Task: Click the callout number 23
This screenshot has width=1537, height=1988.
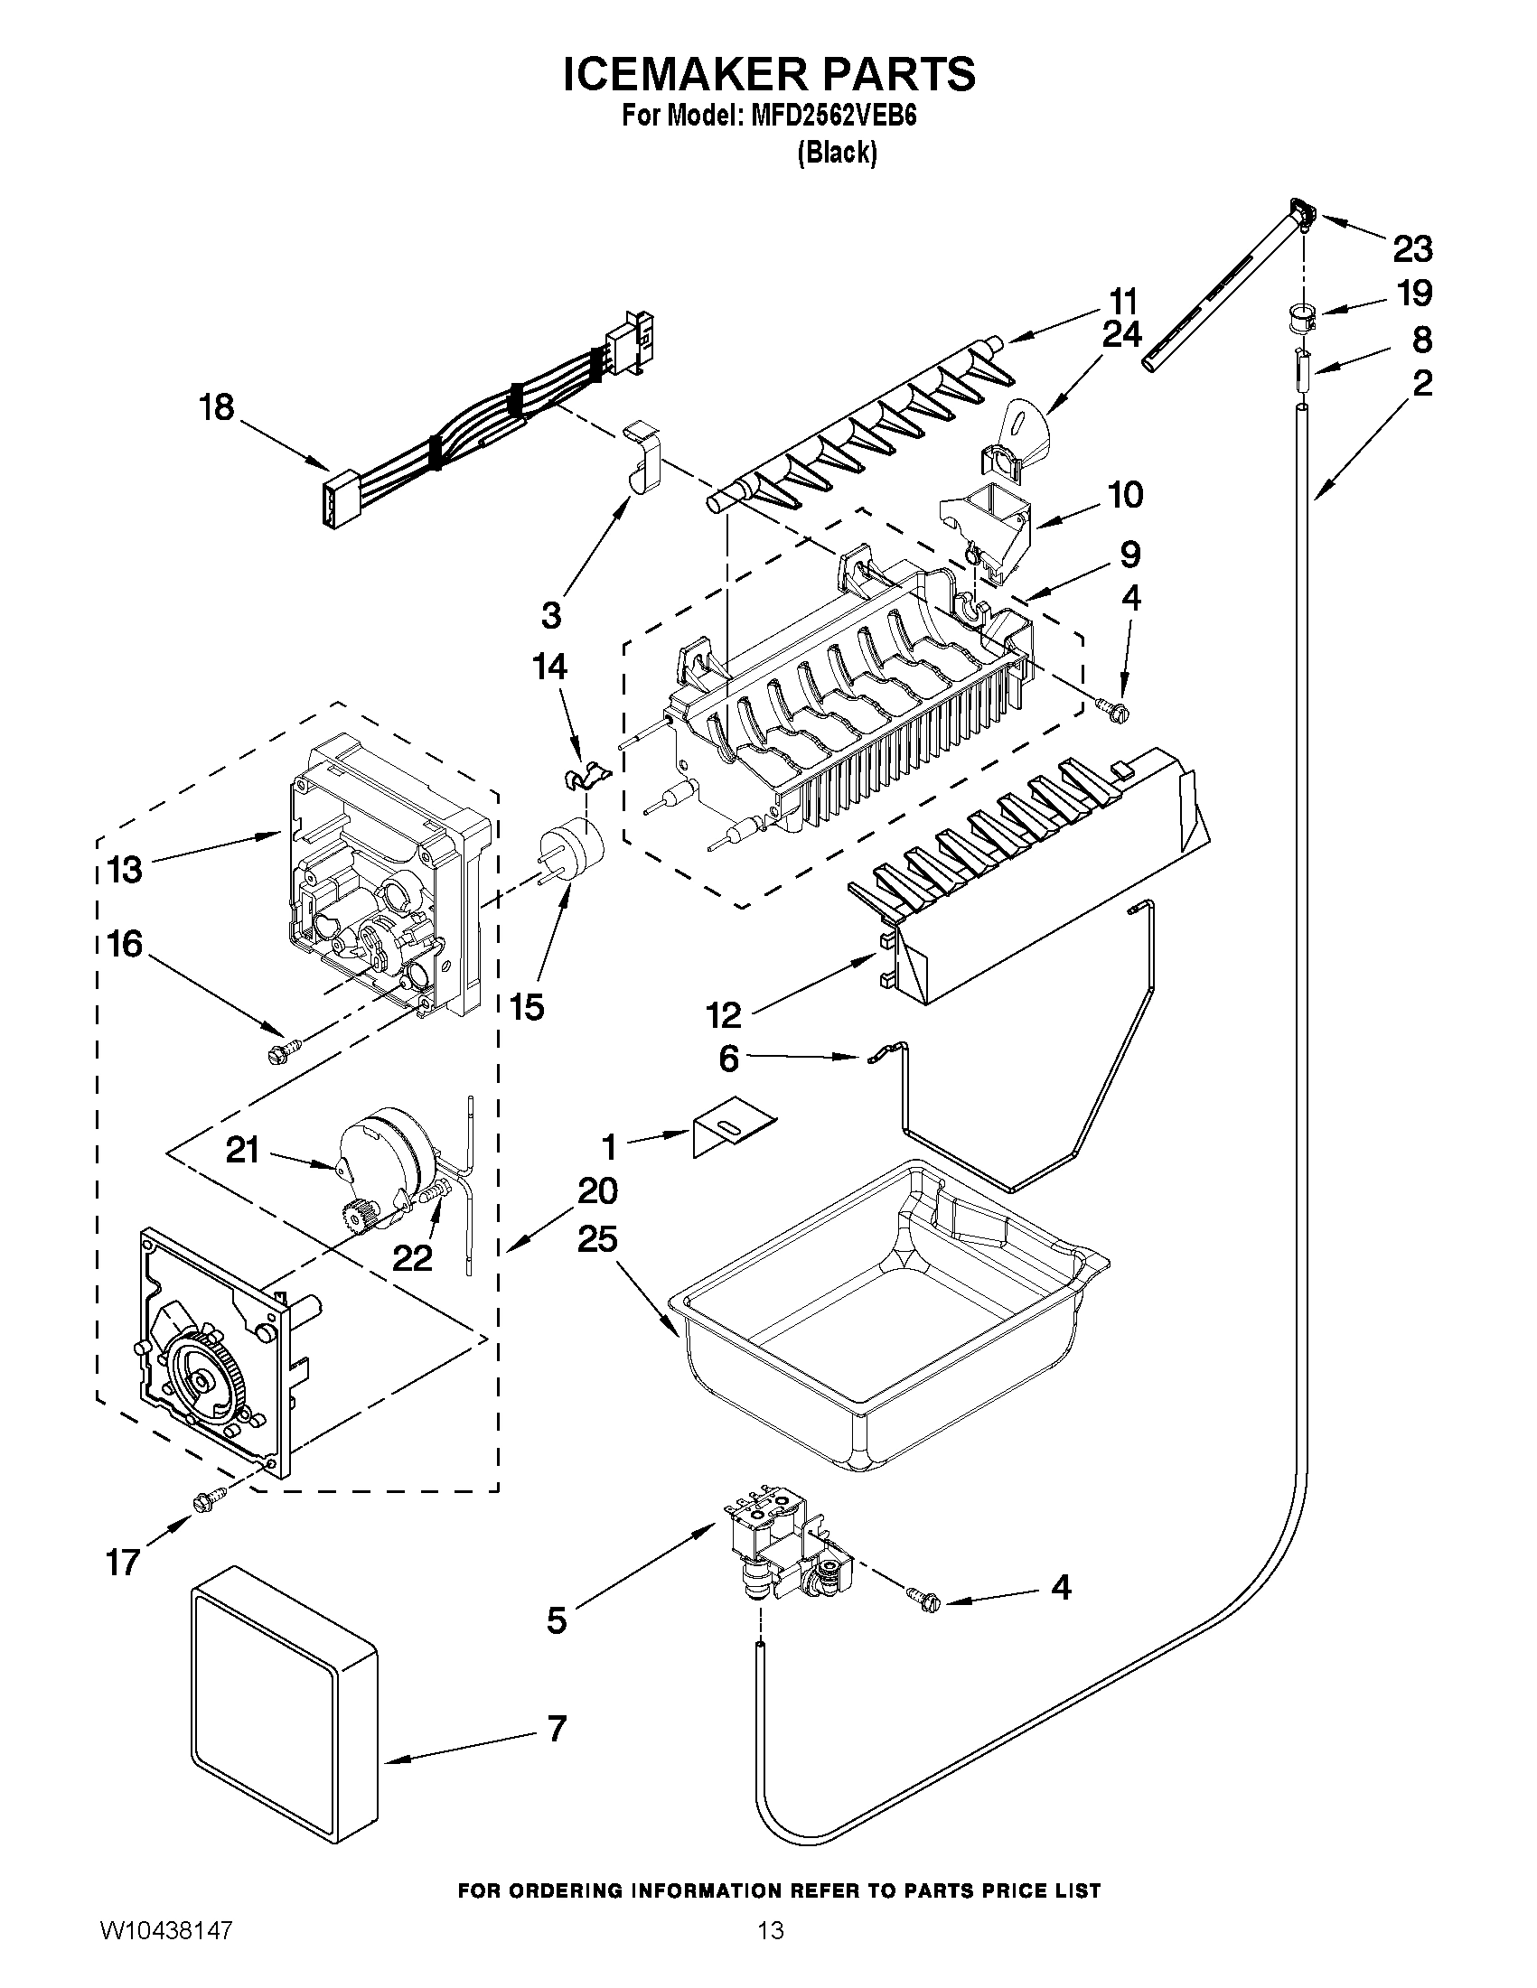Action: coord(1412,248)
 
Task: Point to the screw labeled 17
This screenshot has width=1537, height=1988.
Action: coord(207,1498)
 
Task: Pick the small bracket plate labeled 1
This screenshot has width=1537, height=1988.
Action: coord(733,1133)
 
